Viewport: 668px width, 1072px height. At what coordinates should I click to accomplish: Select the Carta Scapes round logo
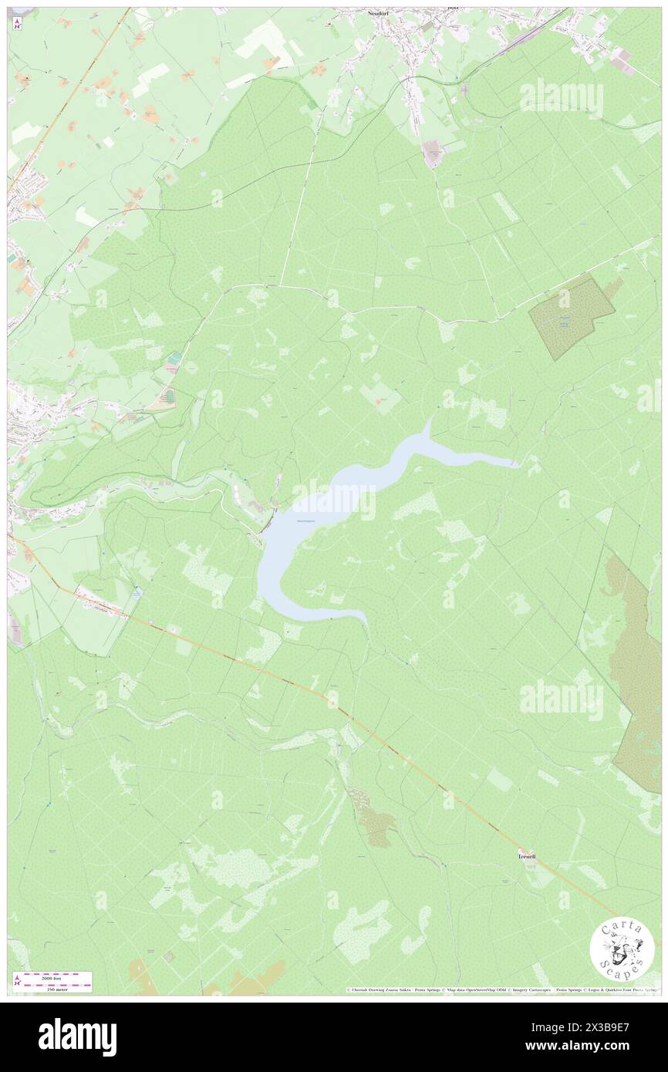[622, 949]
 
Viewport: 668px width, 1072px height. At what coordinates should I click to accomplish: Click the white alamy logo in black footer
[77, 1037]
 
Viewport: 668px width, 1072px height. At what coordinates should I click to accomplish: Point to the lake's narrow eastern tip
[515, 464]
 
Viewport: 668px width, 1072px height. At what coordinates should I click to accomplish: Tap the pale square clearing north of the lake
[379, 398]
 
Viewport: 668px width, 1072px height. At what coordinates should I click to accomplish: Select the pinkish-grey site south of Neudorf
[432, 154]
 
